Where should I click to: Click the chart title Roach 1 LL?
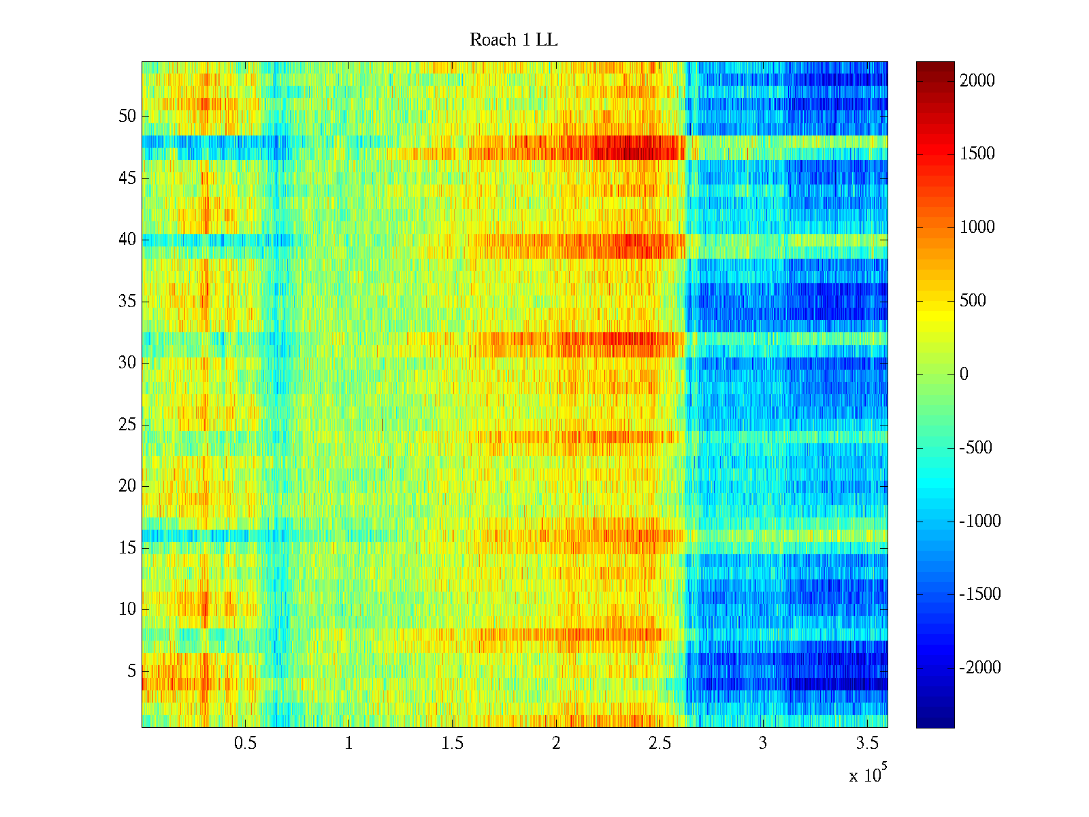513,40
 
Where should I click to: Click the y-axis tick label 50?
127,116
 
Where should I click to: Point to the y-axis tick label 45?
127,178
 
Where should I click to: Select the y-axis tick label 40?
127,240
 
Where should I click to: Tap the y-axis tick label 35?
127,302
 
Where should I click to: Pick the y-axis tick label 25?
127,425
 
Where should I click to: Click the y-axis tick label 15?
127,548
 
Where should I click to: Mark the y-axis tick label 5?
131,671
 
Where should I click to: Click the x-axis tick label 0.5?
245,743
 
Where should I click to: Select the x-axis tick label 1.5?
452,743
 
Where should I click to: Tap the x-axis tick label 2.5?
660,743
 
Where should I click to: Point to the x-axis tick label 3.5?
866,743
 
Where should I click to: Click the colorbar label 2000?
977,81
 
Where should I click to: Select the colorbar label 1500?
977,154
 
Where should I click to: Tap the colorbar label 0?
964,374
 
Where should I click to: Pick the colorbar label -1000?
980,522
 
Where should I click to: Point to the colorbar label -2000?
980,668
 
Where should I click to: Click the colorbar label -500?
976,448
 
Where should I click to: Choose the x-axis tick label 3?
763,743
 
